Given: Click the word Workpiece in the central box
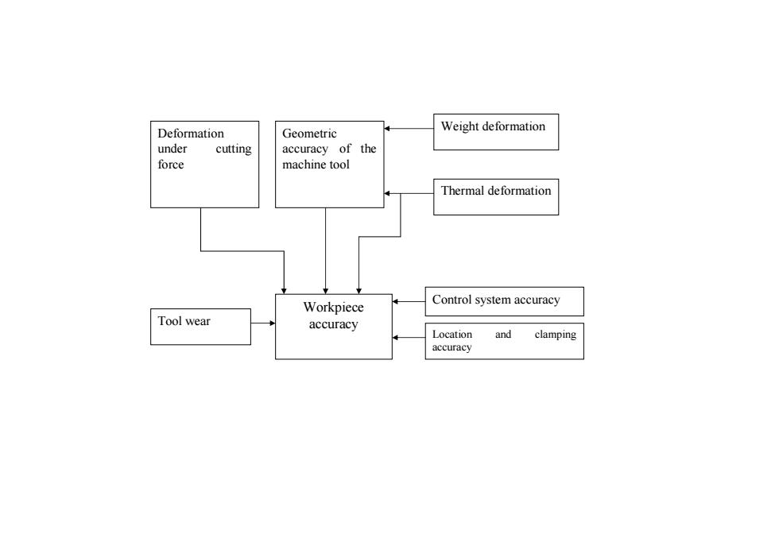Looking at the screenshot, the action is click(x=333, y=308).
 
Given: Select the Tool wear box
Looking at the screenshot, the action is click(x=200, y=327).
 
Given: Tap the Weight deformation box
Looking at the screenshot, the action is click(x=496, y=132).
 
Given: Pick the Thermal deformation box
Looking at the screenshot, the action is click(x=496, y=197).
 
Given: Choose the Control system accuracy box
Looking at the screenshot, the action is click(x=504, y=301).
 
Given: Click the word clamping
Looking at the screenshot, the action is click(x=556, y=335).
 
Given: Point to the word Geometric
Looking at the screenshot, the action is click(x=309, y=134).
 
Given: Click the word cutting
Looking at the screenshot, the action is click(x=234, y=149).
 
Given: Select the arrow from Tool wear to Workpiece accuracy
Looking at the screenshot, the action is click(x=263, y=323).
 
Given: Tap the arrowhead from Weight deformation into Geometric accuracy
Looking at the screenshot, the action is click(x=386, y=128).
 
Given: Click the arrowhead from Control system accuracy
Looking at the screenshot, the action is click(x=395, y=301).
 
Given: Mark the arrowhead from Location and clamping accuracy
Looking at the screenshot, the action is click(x=395, y=338).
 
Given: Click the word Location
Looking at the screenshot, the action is click(x=452, y=335).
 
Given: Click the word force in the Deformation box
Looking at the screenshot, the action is click(x=171, y=165).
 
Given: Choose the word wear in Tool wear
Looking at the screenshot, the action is click(x=198, y=321).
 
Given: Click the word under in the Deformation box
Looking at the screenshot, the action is click(x=172, y=149).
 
